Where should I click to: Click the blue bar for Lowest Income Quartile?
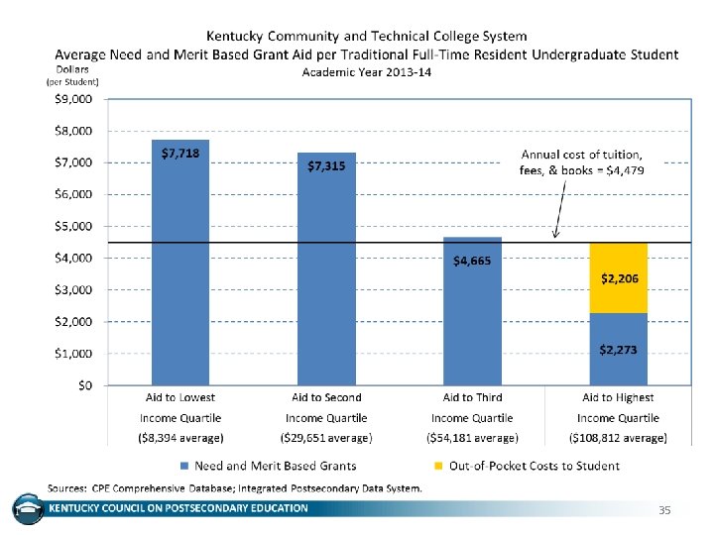pyautogui.click(x=181, y=267)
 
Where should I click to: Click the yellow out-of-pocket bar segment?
pyautogui.click(x=618, y=277)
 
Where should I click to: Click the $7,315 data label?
pyautogui.click(x=326, y=166)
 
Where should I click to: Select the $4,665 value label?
pyautogui.click(x=472, y=262)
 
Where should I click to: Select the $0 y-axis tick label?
pyautogui.click(x=86, y=385)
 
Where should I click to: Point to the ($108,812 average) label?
pyautogui.click(x=618, y=437)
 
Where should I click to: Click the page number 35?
pyautogui.click(x=664, y=510)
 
